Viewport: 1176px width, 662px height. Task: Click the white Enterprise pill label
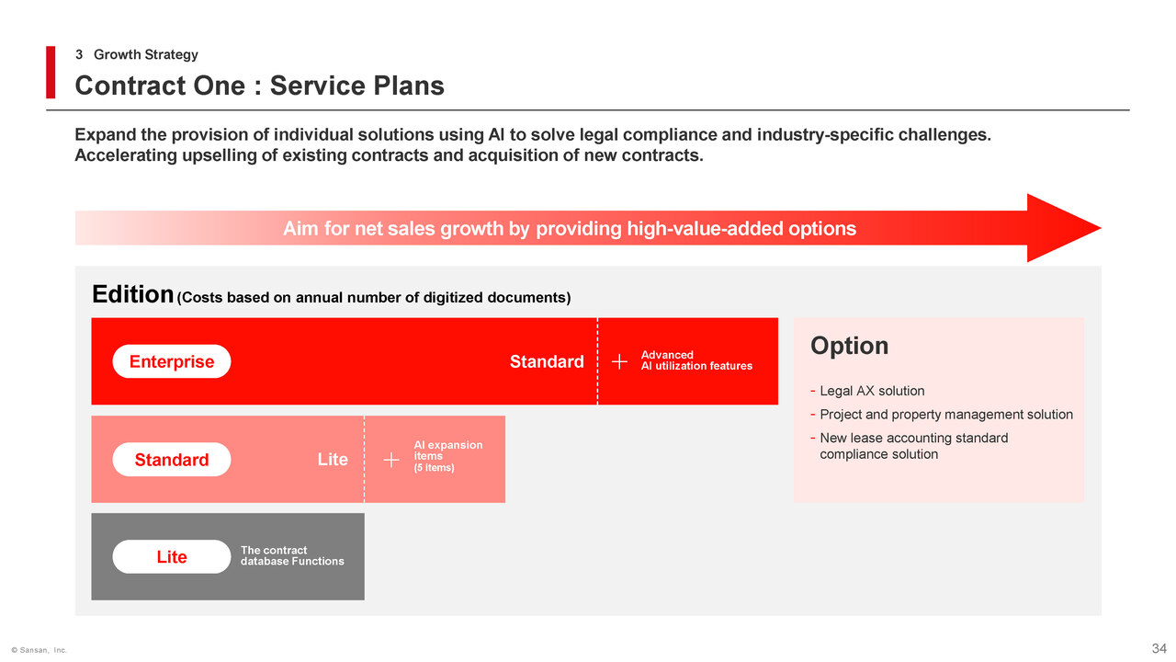[172, 361]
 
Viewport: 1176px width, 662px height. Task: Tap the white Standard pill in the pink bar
[172, 460]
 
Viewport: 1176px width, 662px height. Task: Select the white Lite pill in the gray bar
[172, 557]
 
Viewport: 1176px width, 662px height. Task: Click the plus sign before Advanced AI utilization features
[619, 361]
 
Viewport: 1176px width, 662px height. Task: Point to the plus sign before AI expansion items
[391, 461]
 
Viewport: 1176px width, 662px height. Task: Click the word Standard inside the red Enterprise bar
[547, 361]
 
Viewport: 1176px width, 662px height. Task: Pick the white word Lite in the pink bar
[333, 459]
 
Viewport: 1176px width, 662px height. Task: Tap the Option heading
[850, 346]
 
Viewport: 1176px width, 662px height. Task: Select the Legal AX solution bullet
[867, 391]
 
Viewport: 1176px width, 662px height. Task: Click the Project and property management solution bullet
[942, 415]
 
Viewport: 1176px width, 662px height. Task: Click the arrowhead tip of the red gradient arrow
[1101, 228]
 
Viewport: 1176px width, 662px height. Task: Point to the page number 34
[1159, 648]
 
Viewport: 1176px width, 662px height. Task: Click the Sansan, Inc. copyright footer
[40, 650]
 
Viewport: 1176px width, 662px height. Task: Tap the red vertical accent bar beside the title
[51, 73]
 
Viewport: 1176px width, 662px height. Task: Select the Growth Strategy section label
[145, 54]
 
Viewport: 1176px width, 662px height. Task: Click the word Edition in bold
[133, 294]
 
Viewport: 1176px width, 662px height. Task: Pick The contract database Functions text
[292, 556]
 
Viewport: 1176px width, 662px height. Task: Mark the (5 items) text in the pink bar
[434, 468]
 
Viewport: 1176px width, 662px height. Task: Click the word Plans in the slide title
[409, 86]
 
